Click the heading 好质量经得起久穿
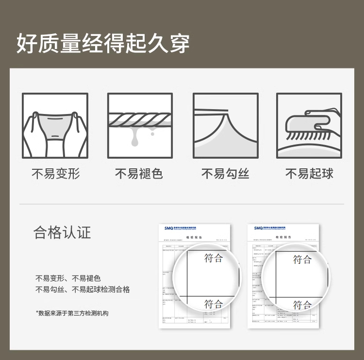[103, 44]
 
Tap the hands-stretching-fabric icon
[55, 126]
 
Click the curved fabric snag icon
[225, 126]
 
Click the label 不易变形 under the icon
[55, 174]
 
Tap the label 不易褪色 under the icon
[139, 174]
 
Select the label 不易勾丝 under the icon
[225, 174]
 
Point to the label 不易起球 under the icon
[309, 174]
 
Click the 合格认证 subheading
[62, 232]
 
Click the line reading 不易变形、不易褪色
[68, 278]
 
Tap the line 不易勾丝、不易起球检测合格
[83, 290]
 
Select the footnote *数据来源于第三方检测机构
[72, 313]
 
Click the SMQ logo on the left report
[169, 228]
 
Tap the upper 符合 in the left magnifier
[214, 258]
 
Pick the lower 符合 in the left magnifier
[214, 304]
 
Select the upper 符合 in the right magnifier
[302, 260]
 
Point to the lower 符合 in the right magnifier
[302, 305]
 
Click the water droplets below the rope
[134, 140]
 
